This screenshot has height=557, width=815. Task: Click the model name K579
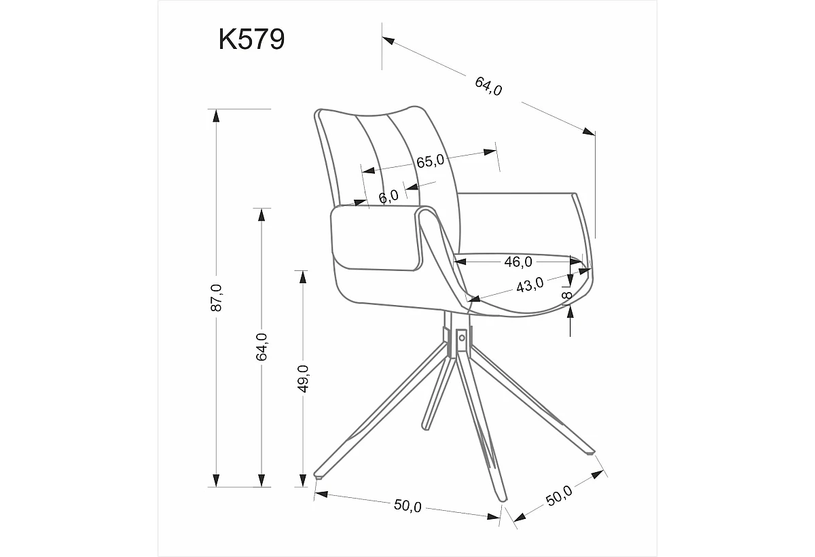click(251, 39)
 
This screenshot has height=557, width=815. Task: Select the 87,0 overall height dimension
click(216, 298)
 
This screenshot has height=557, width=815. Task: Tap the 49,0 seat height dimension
click(303, 378)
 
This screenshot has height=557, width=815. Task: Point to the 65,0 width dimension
click(430, 161)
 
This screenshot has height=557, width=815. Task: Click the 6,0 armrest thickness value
click(388, 197)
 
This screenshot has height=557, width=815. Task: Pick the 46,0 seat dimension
click(518, 262)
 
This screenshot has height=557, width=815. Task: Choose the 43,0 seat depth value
click(530, 285)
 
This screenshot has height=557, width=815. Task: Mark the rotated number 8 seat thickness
click(567, 295)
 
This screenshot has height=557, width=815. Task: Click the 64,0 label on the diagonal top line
click(488, 86)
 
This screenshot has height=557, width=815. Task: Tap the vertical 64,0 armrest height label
click(261, 346)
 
